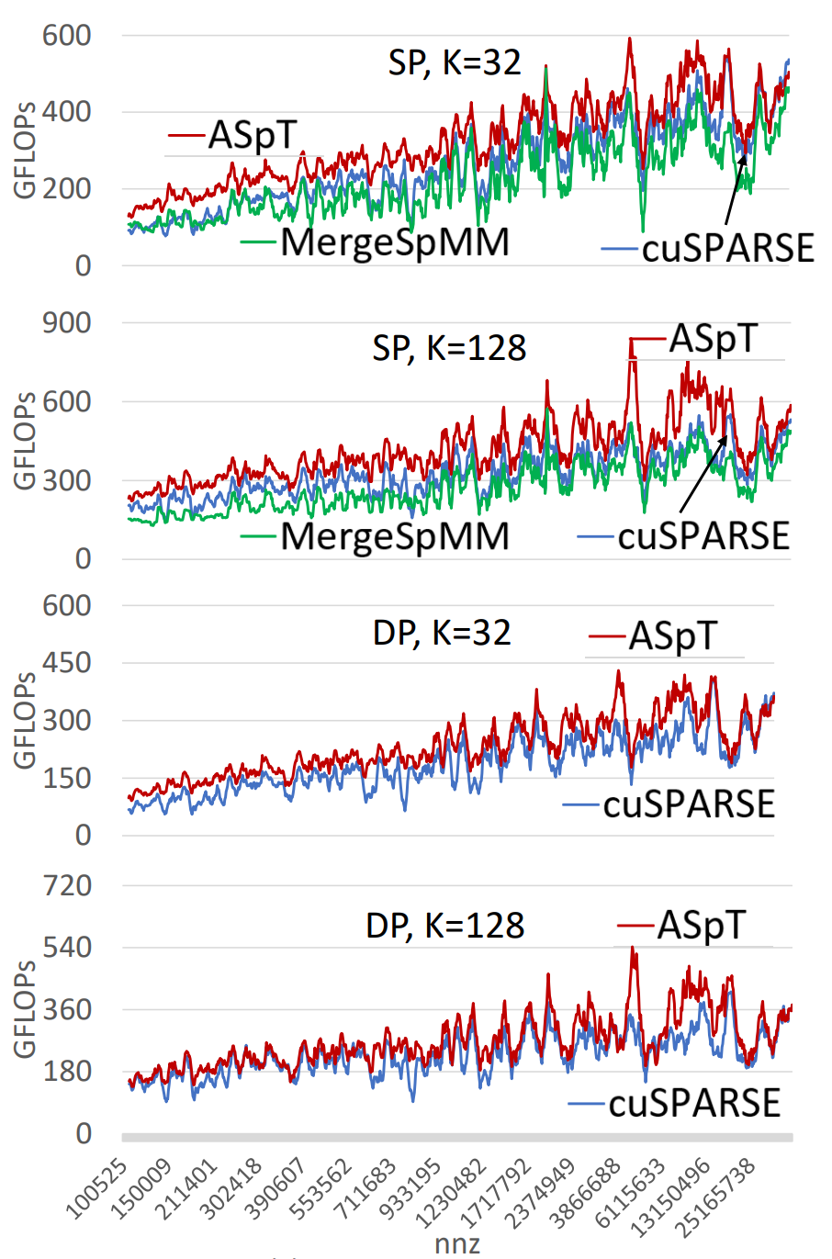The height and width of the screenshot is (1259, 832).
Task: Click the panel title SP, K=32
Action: pyautogui.click(x=455, y=63)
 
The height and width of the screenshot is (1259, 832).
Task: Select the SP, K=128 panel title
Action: pyautogui.click(x=449, y=349)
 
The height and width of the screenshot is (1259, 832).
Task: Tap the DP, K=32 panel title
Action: pyautogui.click(x=442, y=634)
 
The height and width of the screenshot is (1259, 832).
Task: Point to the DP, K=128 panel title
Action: pyautogui.click(x=445, y=926)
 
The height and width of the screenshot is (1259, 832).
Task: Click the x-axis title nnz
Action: pyautogui.click(x=457, y=1243)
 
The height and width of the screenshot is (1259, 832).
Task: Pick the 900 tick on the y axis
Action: pyautogui.click(x=68, y=323)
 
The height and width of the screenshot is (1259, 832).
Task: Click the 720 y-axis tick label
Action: pyautogui.click(x=68, y=886)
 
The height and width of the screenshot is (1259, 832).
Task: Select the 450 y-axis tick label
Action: pyautogui.click(x=68, y=662)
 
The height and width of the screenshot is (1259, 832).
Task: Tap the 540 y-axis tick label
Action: pyautogui.click(x=68, y=948)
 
